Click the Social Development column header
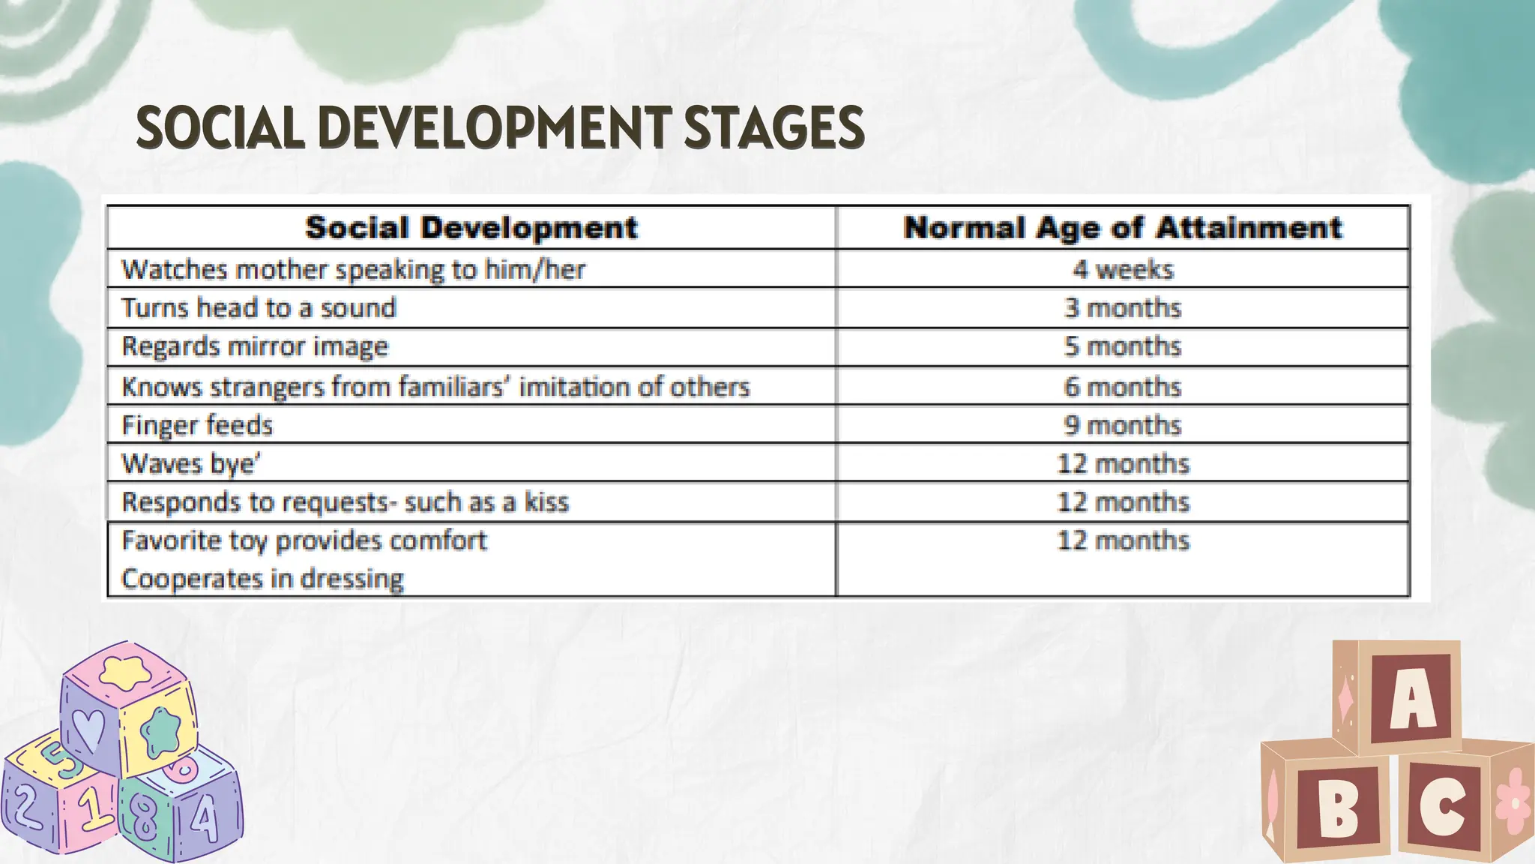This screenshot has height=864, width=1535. tap(471, 228)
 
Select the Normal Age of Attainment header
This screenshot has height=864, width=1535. tap(1122, 228)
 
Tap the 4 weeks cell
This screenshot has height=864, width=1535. tap(1122, 269)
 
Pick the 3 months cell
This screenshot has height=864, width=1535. tap(1122, 308)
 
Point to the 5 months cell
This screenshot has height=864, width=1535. tap(1122, 346)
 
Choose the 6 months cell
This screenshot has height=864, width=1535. tap(1122, 387)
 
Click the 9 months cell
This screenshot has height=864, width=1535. tap(1122, 425)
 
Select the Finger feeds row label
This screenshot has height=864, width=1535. tap(197, 425)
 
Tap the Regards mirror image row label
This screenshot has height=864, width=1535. tap(255, 346)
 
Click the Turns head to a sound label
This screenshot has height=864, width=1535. tap(259, 308)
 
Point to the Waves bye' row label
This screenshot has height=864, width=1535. tap(191, 463)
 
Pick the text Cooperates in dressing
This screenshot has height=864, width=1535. tap(262, 579)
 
